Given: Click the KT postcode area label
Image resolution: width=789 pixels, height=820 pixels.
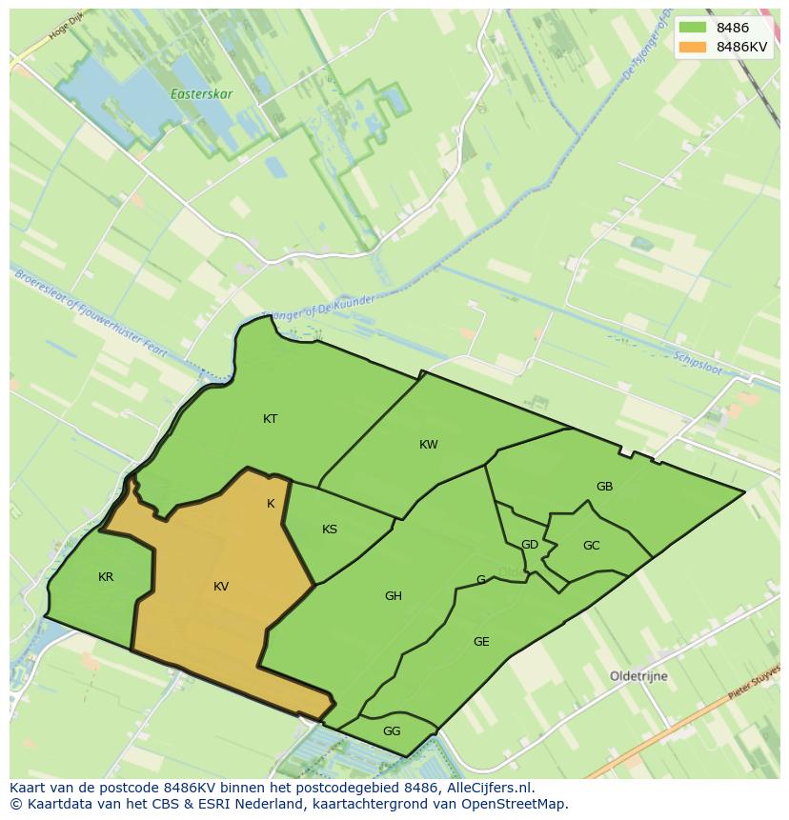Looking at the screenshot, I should pyautogui.click(x=271, y=419).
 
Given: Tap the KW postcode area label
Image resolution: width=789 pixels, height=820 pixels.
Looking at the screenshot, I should pyautogui.click(x=429, y=445).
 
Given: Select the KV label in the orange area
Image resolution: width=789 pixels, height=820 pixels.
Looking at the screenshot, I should pyautogui.click(x=221, y=587).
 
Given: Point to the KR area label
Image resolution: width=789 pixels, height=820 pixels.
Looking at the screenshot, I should pyautogui.click(x=106, y=577).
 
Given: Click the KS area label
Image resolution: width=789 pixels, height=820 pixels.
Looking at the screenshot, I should pyautogui.click(x=330, y=530).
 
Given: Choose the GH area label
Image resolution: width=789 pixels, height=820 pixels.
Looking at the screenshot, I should pyautogui.click(x=394, y=596).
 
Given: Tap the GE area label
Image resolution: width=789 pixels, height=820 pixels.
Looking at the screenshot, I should pyautogui.click(x=481, y=642).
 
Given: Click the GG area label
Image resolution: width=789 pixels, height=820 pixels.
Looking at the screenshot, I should pyautogui.click(x=392, y=731).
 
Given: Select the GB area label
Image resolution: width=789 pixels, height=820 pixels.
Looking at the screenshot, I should pyautogui.click(x=604, y=487).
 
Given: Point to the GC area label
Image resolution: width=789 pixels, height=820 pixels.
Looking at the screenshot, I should pyautogui.click(x=591, y=546).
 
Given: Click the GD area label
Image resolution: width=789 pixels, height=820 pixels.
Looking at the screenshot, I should pyautogui.click(x=530, y=545).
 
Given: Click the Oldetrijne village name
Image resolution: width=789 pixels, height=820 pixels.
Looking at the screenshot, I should pyautogui.click(x=638, y=676).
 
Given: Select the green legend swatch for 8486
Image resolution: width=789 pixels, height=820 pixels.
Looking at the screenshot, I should pyautogui.click(x=693, y=28).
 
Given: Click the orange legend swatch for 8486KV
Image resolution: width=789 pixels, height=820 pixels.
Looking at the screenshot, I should pyautogui.click(x=693, y=47).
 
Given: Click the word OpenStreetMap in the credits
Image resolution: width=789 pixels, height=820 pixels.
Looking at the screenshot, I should pyautogui.click(x=512, y=804).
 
